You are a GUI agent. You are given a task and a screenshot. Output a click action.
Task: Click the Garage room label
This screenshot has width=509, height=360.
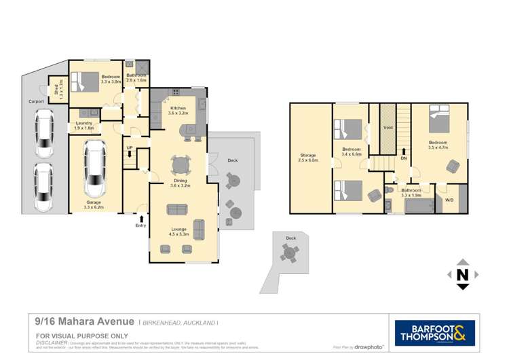tap(94, 203)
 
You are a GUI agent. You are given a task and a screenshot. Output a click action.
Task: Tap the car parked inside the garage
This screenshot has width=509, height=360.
tap(94, 168)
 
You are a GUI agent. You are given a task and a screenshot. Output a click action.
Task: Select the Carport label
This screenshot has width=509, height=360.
tap(36, 101)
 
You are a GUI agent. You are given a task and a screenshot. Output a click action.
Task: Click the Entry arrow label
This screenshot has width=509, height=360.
tap(140, 225)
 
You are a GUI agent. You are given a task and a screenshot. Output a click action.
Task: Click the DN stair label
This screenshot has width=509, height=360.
tap(404, 158)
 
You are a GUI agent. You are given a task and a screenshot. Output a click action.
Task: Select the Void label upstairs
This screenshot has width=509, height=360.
tap(388, 127)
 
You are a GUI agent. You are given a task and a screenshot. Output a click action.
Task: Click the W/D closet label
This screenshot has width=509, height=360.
tap(449, 200)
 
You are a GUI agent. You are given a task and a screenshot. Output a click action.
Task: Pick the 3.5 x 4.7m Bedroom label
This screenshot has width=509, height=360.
tap(439, 145)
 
